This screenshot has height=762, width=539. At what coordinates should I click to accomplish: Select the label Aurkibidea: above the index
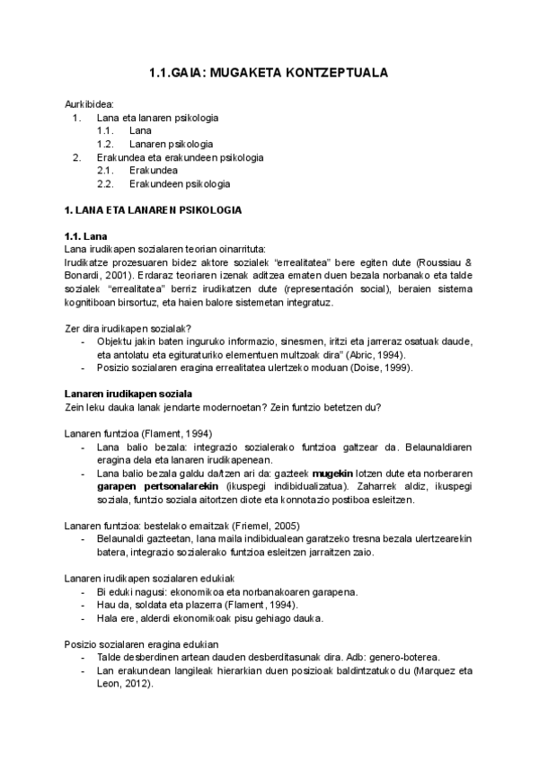tap(89, 104)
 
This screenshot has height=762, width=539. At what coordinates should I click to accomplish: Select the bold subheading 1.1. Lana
tap(88, 236)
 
